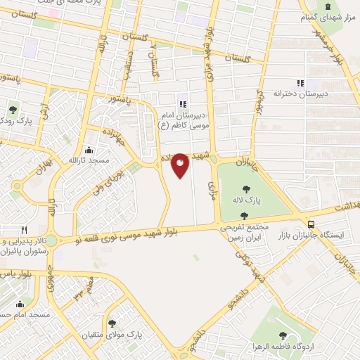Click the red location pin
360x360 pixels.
coord(180,165)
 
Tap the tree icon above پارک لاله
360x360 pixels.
coord(247,188)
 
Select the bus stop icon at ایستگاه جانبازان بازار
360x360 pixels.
coord(311,225)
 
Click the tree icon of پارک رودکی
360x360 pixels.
coord(13,110)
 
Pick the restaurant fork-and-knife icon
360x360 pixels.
coord(24,230)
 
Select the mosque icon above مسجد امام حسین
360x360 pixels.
coord(20,304)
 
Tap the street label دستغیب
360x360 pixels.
coord(129,63)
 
